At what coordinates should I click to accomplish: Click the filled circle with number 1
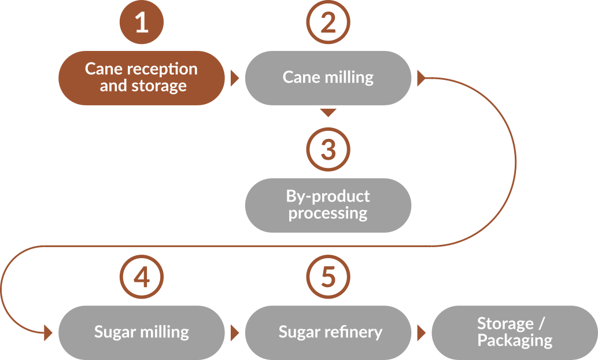(141, 23)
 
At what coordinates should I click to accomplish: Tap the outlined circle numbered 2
(328, 23)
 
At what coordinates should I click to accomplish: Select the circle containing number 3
(328, 149)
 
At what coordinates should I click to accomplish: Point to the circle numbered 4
(141, 277)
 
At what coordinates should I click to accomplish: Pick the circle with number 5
(328, 277)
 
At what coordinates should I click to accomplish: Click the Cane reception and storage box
(141, 78)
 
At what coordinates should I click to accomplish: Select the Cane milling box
(328, 78)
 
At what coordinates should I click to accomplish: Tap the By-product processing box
(328, 205)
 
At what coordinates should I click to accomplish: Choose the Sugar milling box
(141, 332)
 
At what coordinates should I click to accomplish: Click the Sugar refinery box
(328, 332)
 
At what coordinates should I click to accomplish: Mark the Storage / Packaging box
(515, 332)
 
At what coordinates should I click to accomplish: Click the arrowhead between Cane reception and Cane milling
(234, 78)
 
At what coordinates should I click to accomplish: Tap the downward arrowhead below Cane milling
(328, 112)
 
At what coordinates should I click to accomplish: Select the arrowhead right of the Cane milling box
(421, 78)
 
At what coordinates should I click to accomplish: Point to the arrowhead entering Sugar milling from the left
(49, 333)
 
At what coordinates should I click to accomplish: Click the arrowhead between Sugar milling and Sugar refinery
(234, 333)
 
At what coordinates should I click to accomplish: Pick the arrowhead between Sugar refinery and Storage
(421, 333)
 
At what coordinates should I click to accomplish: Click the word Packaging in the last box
(515, 341)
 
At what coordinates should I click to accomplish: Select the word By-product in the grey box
(328, 196)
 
